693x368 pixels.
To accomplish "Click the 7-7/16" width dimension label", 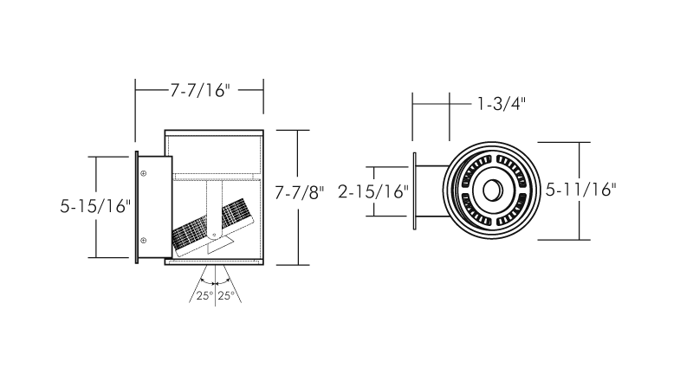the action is (x=200, y=91).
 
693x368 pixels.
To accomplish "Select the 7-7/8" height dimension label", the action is (x=299, y=192).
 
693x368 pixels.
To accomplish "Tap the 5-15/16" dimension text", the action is (x=95, y=206).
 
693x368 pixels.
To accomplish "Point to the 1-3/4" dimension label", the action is (x=502, y=104).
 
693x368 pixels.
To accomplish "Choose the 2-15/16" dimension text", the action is (x=373, y=191).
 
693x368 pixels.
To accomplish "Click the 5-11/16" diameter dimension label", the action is (x=580, y=190).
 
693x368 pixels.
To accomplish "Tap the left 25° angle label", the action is (x=205, y=295).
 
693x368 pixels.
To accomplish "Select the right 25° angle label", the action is (x=226, y=295).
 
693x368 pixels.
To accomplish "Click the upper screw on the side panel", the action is (x=143, y=174).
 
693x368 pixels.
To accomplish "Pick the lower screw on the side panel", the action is (x=143, y=240).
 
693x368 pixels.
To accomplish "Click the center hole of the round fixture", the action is (x=492, y=190).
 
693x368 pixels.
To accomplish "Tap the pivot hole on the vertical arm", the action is (x=215, y=236).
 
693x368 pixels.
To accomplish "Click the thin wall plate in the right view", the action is (x=414, y=190).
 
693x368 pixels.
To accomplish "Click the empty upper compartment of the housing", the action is (x=215, y=155).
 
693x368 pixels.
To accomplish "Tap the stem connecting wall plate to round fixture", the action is (x=431, y=190).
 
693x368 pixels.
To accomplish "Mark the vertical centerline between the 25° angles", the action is (x=215, y=286).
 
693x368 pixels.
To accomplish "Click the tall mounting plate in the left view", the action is (x=137, y=208).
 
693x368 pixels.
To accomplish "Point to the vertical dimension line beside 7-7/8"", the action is (x=297, y=197).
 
